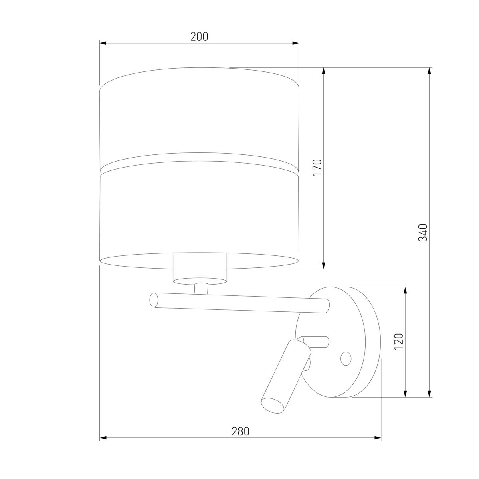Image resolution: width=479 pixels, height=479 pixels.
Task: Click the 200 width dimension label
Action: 199,37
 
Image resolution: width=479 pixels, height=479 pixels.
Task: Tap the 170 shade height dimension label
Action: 317,168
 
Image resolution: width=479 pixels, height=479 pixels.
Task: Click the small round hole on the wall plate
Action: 346,358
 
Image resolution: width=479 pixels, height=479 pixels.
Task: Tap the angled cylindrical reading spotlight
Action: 286,374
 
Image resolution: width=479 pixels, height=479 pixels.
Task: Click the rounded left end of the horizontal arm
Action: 153,300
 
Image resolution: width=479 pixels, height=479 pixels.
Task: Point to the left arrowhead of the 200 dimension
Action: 103,43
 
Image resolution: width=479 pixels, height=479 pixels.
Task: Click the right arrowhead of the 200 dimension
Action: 296,43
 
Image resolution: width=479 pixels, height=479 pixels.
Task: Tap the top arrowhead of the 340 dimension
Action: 430,71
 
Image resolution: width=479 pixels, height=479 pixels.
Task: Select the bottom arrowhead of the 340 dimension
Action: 430,394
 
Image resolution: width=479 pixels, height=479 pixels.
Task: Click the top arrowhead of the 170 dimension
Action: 324,71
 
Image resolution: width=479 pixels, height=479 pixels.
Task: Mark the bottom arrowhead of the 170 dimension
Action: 324,265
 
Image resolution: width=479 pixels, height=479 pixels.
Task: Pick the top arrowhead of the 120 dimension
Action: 406,290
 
